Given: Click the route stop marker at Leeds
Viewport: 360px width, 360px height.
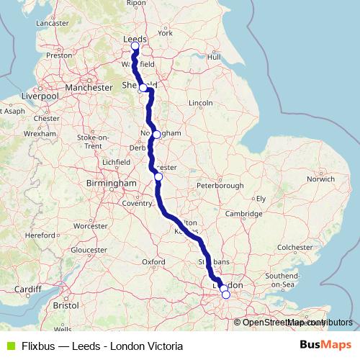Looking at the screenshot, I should tap(135, 47).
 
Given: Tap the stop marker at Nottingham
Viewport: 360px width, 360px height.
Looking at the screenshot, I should tap(156, 135).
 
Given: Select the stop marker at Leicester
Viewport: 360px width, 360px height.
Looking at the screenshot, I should tap(158, 176).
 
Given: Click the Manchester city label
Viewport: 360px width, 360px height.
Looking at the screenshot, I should tap(89, 87).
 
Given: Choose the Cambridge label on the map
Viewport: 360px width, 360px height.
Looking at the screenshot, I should tap(242, 214).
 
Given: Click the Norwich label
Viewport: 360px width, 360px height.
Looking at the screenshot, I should tap(320, 179).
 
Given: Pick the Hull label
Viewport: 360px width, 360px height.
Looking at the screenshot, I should tap(213, 56).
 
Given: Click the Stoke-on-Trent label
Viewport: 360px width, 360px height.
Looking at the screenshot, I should tap(92, 141).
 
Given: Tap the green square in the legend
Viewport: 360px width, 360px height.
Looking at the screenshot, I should tap(9, 346).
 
